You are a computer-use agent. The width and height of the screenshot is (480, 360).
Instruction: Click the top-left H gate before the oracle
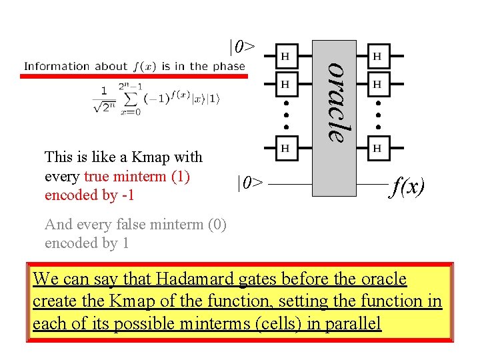click(285, 57)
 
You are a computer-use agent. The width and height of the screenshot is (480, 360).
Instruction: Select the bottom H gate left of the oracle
click(285, 147)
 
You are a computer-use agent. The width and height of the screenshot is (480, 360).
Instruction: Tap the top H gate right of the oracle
click(377, 57)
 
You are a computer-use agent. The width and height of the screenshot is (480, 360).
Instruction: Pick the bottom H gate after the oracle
click(377, 147)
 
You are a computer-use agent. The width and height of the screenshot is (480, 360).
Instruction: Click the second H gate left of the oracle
click(285, 85)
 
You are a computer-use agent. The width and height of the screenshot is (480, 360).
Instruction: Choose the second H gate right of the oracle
click(377, 85)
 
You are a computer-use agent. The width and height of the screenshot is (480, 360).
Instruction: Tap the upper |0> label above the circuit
click(241, 47)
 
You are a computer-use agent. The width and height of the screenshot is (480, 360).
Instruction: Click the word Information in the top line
click(57, 67)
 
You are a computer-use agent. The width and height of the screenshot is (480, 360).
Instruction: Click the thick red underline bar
click(133, 77)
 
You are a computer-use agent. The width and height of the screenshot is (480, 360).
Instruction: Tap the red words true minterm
click(137, 177)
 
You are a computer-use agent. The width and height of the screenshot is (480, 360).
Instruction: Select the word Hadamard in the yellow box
click(199, 279)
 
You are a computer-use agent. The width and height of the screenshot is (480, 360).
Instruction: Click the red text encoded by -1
click(89, 195)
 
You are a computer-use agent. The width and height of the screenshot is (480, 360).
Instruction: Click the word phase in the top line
click(229, 67)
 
